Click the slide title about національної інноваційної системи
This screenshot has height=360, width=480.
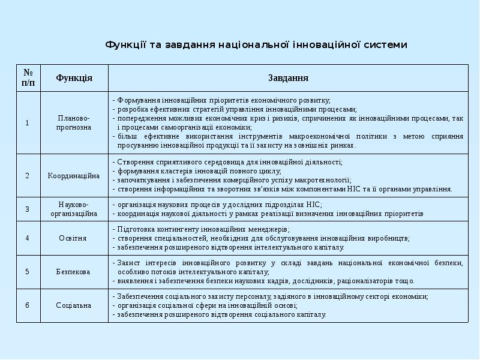(256, 44)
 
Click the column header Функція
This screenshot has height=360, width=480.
(74, 78)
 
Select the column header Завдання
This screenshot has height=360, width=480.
(288, 78)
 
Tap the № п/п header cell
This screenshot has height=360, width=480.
(28, 78)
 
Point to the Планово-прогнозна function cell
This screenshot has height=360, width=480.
(74, 123)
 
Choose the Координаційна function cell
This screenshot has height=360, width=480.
(74, 176)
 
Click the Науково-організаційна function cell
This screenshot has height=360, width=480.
(74, 209)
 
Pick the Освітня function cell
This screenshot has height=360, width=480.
(74, 238)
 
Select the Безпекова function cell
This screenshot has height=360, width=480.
(74, 272)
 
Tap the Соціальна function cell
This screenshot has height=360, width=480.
(74, 305)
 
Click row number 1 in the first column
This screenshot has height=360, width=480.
(28, 123)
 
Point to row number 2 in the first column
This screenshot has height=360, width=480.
(28, 176)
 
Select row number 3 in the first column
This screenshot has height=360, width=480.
(28, 209)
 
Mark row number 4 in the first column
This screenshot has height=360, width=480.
(28, 238)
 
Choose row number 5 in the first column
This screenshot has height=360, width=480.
(28, 272)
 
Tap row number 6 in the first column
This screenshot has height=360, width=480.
(28, 305)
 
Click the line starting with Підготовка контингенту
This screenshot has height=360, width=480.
(204, 229)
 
